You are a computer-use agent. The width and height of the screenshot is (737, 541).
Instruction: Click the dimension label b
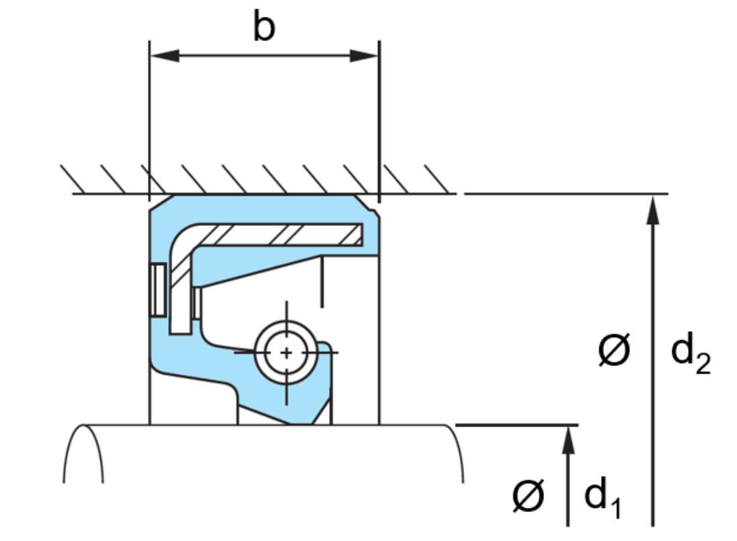click(264, 28)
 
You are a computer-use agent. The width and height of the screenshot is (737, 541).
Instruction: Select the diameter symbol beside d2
click(614, 351)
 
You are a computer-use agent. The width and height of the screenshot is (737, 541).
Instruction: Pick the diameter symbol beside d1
click(528, 496)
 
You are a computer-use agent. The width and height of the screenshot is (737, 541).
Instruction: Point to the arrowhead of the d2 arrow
click(652, 209)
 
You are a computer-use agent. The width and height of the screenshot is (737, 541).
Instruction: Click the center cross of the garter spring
click(287, 352)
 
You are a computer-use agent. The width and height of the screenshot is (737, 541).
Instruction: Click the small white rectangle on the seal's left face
click(158, 289)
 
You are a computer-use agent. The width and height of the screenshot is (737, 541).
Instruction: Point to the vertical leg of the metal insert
click(180, 296)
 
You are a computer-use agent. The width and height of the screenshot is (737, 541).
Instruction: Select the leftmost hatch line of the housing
click(73, 178)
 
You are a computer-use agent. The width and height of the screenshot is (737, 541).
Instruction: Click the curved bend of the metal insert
click(186, 240)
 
